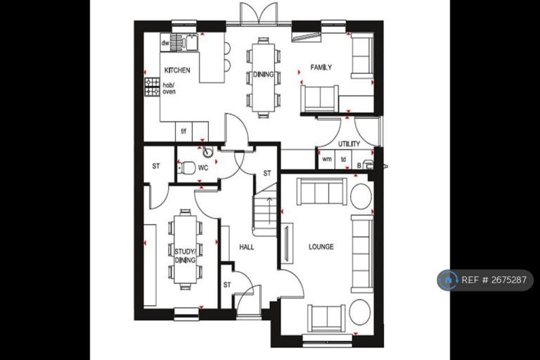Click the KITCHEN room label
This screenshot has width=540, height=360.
point(177,71)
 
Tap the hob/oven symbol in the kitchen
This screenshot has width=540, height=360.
point(152,86)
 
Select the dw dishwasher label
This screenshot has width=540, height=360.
point(166,43)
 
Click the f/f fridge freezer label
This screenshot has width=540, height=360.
point(184,131)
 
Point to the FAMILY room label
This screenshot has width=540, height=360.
point(321,67)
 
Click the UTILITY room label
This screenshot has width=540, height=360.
point(349,144)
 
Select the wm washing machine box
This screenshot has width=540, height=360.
point(326,160)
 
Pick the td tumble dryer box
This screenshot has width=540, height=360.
point(344,160)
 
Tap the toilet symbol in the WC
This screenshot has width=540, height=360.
point(186,167)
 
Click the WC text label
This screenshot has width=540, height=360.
point(202,168)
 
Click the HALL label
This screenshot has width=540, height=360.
point(246,247)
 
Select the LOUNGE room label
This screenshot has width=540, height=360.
point(321,247)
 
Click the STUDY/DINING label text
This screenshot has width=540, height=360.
point(185,251)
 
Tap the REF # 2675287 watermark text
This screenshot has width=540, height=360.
point(494,280)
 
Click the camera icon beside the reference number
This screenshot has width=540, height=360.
point(448,280)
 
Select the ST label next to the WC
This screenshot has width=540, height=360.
point(156,167)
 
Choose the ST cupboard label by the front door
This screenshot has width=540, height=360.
point(227,285)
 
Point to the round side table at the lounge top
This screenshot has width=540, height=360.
point(361,196)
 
